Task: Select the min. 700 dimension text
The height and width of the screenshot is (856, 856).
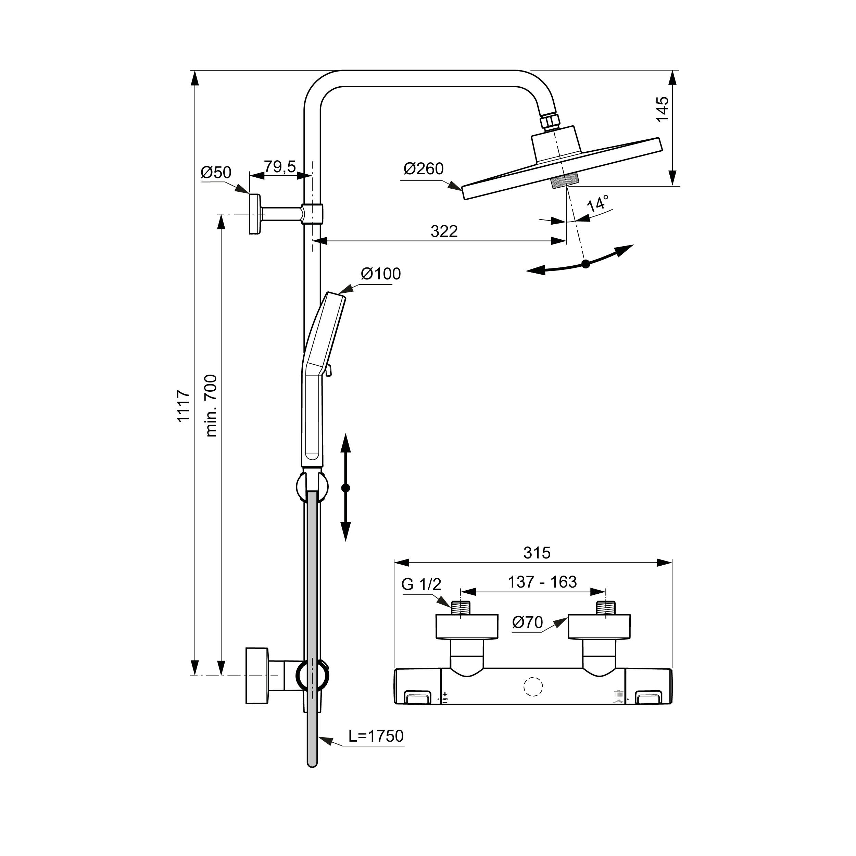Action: pyautogui.click(x=212, y=406)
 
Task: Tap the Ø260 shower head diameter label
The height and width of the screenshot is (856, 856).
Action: pyautogui.click(x=424, y=169)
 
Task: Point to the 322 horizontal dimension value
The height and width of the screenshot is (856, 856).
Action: pyautogui.click(x=444, y=231)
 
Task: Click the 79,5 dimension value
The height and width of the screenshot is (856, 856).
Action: pyautogui.click(x=280, y=167)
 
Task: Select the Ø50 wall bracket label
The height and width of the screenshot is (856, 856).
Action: pyautogui.click(x=216, y=172)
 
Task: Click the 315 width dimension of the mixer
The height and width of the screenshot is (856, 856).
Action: pyautogui.click(x=537, y=553)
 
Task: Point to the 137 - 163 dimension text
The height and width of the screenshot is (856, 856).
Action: pyautogui.click(x=542, y=582)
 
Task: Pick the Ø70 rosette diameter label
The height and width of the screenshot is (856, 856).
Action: pyautogui.click(x=527, y=622)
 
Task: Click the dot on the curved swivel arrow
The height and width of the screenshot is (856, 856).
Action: pyautogui.click(x=586, y=264)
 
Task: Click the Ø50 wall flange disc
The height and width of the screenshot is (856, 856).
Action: pyautogui.click(x=255, y=214)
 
